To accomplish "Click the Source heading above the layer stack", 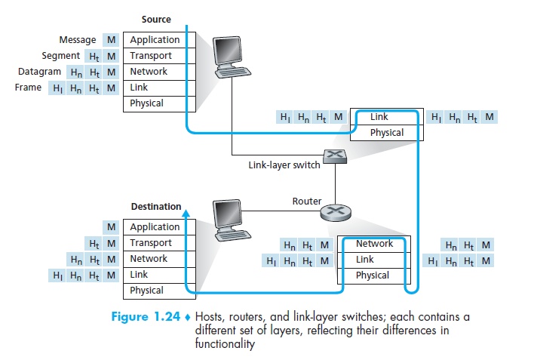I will tap(156, 19).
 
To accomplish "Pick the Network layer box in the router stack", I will tap(374, 244).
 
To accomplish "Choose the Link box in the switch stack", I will tap(388, 117).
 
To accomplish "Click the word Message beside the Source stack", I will tap(78, 40).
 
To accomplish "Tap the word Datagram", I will tap(40, 72).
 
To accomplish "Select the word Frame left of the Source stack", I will tap(28, 88).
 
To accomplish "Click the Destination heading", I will tap(156, 207).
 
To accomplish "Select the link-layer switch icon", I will tap(333, 157).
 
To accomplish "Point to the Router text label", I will tap(307, 202).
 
